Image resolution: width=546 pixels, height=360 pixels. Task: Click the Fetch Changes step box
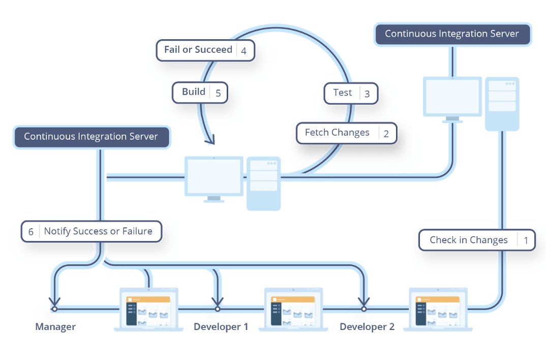coord(346,133)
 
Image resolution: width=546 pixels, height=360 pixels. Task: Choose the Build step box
coord(200,92)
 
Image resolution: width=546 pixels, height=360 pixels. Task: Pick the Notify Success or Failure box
coord(92,231)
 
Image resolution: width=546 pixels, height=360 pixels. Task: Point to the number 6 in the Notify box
coord(31,231)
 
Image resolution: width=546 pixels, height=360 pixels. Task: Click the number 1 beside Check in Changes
coord(526,241)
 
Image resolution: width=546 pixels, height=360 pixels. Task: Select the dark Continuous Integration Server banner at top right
coord(451,34)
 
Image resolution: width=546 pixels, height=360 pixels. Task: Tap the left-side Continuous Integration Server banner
coord(91,137)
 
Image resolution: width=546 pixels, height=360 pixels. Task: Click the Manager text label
coord(55,327)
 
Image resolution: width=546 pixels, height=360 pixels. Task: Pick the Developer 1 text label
coord(221,327)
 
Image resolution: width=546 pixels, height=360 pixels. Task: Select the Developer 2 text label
coord(367,327)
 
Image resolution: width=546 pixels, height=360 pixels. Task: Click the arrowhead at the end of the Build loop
coord(210,139)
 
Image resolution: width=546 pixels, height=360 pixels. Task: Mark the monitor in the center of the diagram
coord(214,176)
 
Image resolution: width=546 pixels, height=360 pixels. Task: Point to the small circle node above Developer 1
coord(218,309)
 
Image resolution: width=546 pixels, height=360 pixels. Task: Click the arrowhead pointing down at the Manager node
coord(54,301)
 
